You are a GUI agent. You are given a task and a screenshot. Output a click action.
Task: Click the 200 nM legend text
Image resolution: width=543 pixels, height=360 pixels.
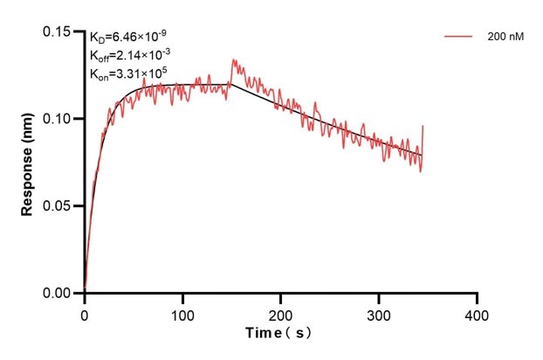pyautogui.click(x=505, y=38)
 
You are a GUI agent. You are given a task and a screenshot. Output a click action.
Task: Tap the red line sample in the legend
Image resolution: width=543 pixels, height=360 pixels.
pyautogui.click(x=459, y=38)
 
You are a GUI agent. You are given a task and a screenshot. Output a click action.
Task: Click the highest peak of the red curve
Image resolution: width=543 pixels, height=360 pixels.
pyautogui.click(x=233, y=59)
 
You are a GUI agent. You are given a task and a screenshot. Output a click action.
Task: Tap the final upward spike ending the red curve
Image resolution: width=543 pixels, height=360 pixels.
pyautogui.click(x=423, y=127)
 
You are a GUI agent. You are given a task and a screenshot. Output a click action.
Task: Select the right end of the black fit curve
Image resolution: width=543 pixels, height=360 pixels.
pyautogui.click(x=421, y=156)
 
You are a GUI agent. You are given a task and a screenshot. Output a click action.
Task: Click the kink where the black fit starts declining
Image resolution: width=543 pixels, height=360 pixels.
pyautogui.click(x=230, y=85)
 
